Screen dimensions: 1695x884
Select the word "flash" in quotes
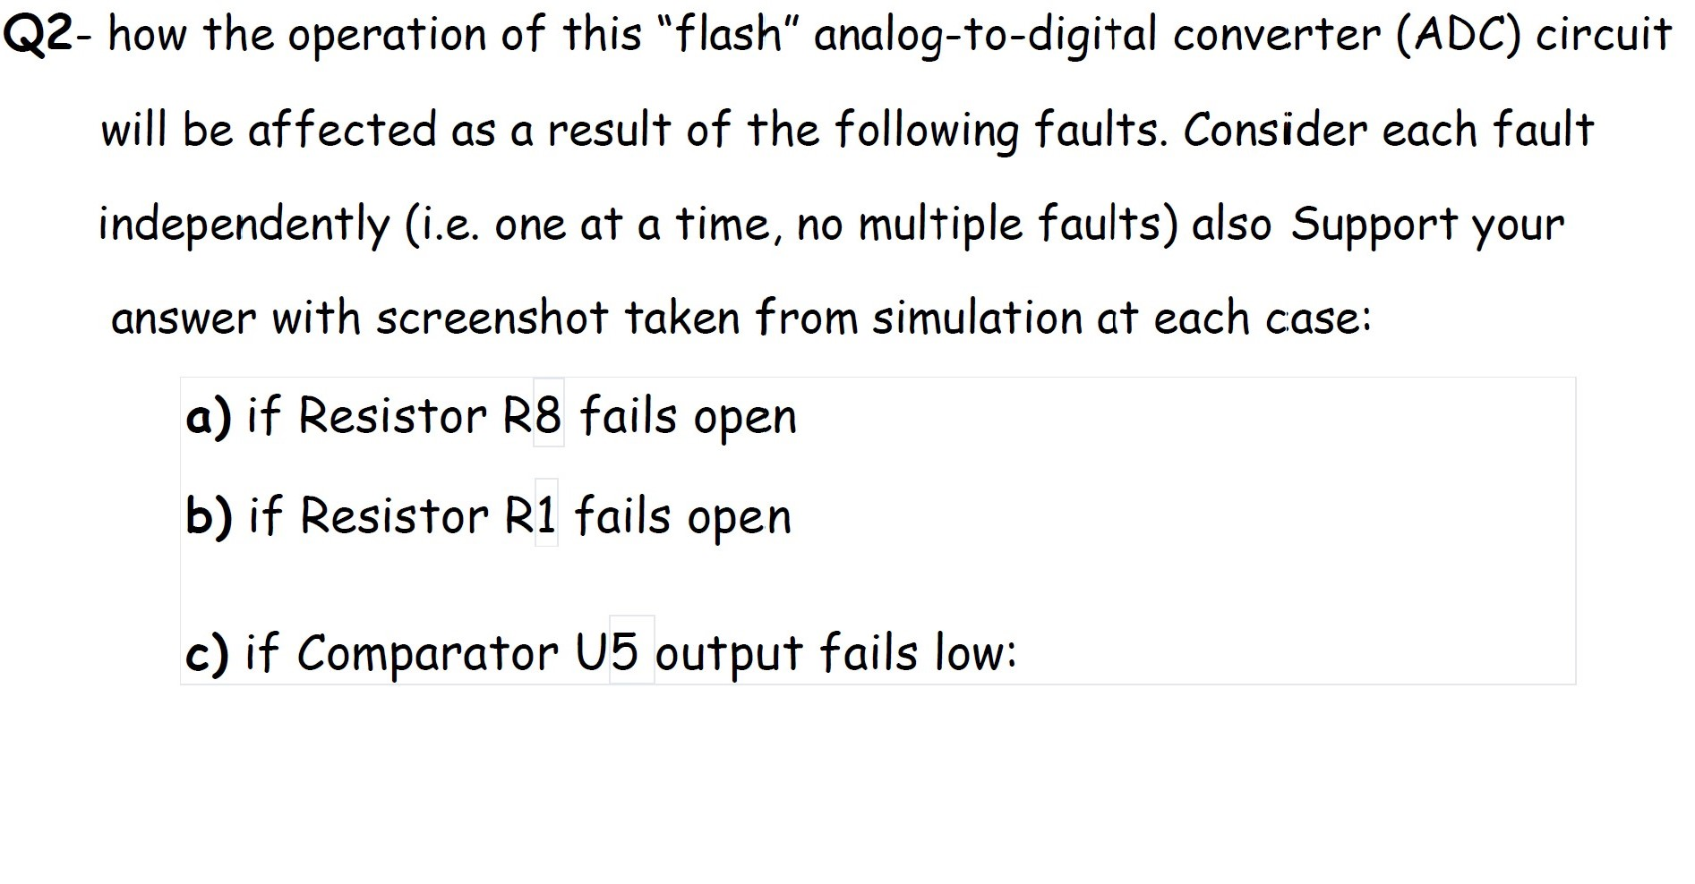point(729,35)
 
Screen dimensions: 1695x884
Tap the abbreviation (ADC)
point(1458,35)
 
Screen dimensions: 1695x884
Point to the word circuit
point(1603,35)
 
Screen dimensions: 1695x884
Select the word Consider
point(1275,130)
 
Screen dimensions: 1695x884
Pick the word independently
point(244,225)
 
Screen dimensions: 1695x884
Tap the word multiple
point(939,225)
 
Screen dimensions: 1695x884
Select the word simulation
point(977,319)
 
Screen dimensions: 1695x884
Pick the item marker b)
point(209,516)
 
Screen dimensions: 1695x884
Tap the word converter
point(1277,35)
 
